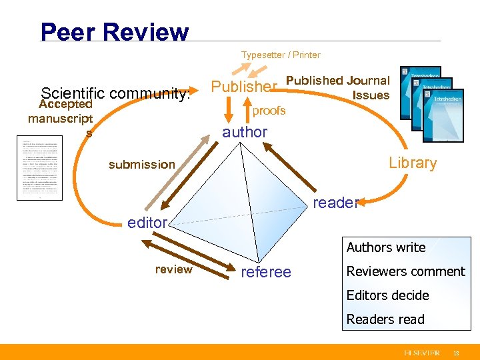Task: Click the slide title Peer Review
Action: (115, 31)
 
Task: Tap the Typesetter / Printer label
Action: (281, 55)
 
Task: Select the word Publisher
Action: (244, 87)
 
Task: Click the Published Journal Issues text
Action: (338, 87)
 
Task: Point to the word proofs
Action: (269, 111)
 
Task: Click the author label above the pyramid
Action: (245, 132)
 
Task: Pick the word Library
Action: (413, 163)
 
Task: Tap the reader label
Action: (336, 203)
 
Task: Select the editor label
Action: (147, 223)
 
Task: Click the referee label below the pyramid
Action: (266, 271)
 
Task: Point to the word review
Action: (173, 269)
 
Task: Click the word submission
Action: (142, 164)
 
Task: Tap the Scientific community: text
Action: (115, 94)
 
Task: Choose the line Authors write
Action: (385, 247)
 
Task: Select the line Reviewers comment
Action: (405, 271)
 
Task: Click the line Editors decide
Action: (387, 295)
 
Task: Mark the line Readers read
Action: (385, 319)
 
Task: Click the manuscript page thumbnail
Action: (39, 168)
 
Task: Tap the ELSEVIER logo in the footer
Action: (421, 351)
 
